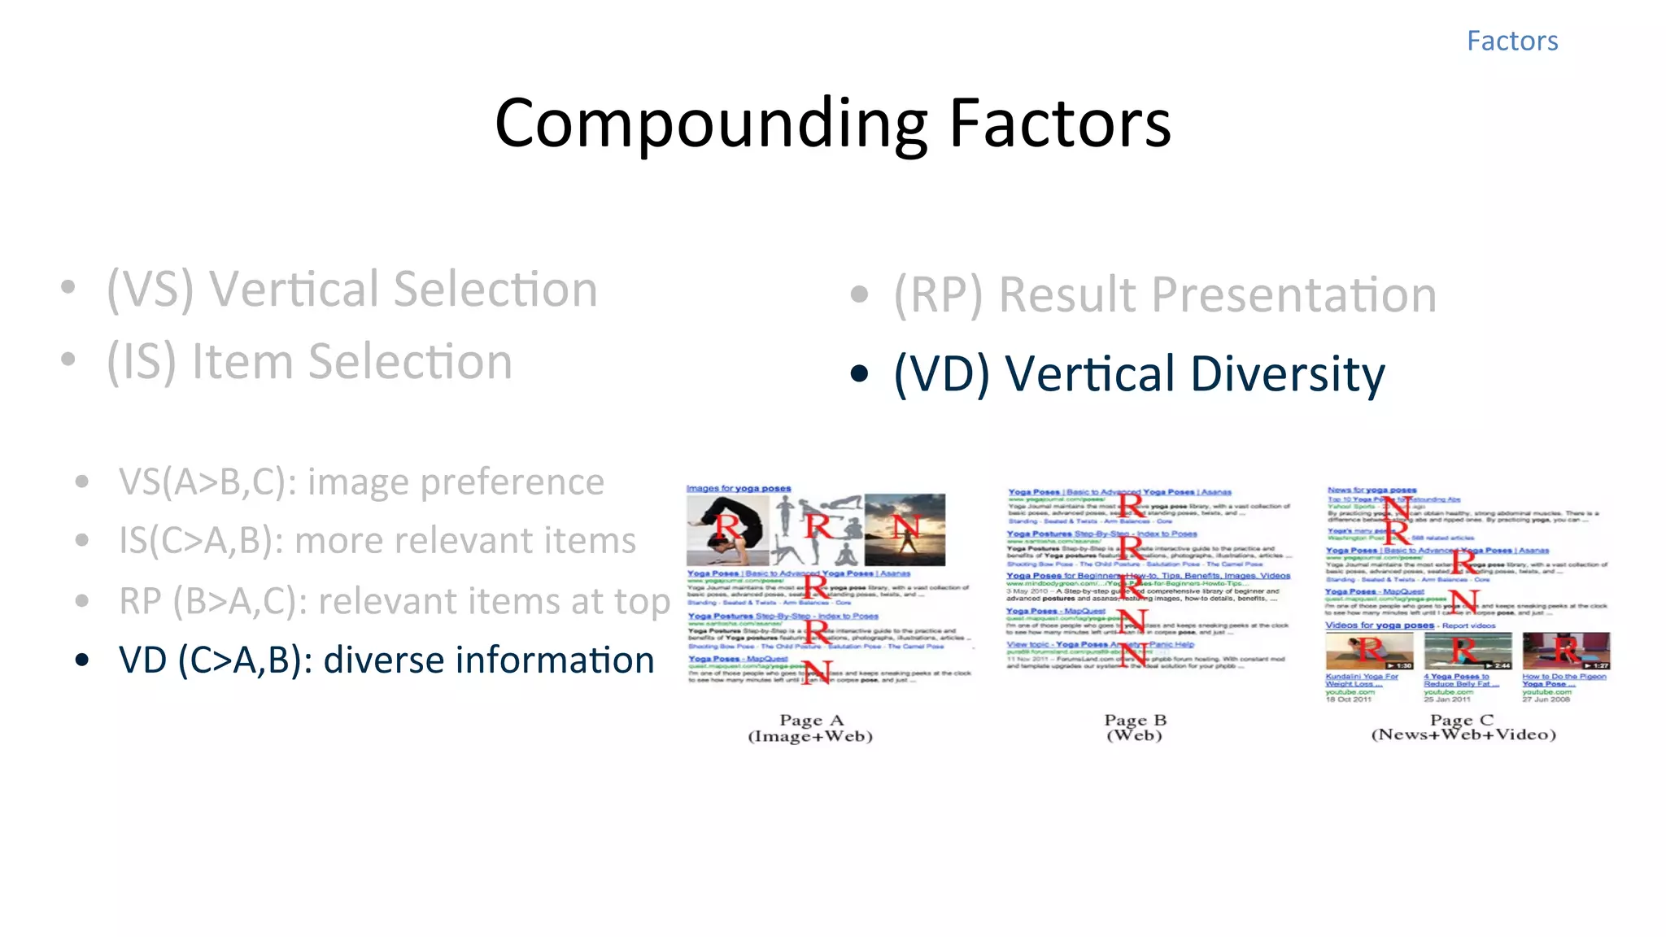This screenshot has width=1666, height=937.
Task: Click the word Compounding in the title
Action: pos(711,124)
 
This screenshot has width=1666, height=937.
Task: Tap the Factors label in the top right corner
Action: pos(1511,41)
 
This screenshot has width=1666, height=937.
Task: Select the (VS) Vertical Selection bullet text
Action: pos(351,290)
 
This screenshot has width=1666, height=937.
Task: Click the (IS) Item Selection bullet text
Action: pos(309,362)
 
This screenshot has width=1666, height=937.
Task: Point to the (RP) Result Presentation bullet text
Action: pos(1164,294)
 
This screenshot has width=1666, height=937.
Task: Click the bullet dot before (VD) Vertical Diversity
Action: pos(859,374)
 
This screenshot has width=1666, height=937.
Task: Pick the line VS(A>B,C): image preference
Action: pos(361,482)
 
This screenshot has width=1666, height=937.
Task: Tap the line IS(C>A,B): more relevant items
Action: pos(377,541)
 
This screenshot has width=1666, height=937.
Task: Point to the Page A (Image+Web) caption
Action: pos(810,728)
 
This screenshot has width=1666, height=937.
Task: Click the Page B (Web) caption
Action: pos(1135,727)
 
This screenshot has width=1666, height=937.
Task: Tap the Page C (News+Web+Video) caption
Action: pos(1463,727)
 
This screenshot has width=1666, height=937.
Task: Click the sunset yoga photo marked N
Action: pos(905,530)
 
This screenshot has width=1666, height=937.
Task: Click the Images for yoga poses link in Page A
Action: pos(738,488)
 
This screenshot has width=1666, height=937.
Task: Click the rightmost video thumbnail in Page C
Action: pos(1565,651)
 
